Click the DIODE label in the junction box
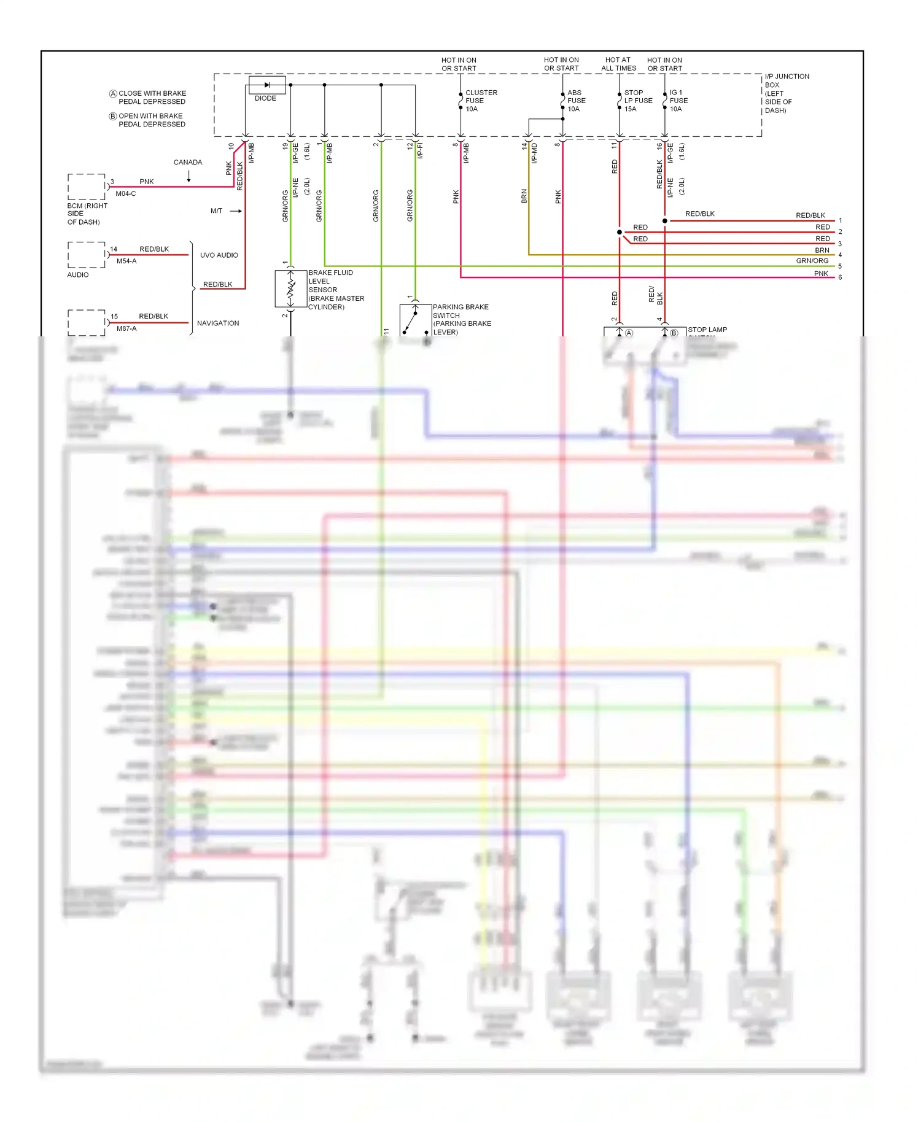[265, 98]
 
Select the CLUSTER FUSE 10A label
[480, 101]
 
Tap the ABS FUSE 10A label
[576, 101]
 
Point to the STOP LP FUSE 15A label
[637, 101]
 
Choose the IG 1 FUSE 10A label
[678, 101]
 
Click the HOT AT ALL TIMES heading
[618, 64]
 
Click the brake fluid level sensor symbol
[291, 288]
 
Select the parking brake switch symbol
[415, 319]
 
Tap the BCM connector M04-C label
[125, 194]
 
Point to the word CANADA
[188, 163]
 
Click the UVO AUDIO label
[219, 255]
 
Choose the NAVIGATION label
[218, 323]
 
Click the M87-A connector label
[126, 329]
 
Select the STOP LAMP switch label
[707, 330]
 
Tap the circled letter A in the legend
[113, 94]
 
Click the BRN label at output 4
[822, 250]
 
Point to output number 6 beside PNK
[840, 277]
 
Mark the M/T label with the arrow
[217, 211]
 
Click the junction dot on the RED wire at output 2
[620, 232]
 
